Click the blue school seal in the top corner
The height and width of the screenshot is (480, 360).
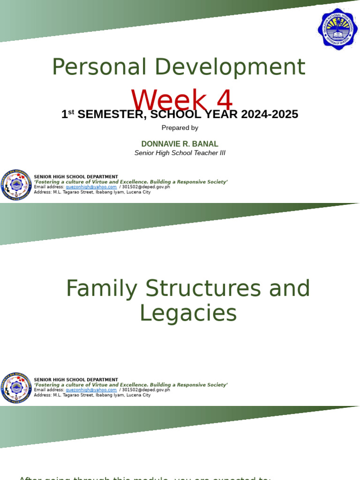coord(337,29)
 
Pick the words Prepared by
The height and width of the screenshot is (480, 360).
coord(180,127)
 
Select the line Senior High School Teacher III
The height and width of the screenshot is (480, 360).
coord(180,153)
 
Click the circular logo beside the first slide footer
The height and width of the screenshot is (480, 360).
coord(16,185)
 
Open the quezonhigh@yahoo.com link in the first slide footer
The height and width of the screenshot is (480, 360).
coord(91,187)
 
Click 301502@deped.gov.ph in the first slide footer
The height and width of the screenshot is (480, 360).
coord(146,187)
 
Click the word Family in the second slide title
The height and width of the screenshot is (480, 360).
coord(101,288)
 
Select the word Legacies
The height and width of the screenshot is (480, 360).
coord(188,313)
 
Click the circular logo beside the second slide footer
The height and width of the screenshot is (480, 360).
coord(16,388)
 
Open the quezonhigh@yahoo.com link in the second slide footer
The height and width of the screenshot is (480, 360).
coord(91,390)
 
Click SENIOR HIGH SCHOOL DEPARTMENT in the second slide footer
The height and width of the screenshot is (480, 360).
coord(76,380)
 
